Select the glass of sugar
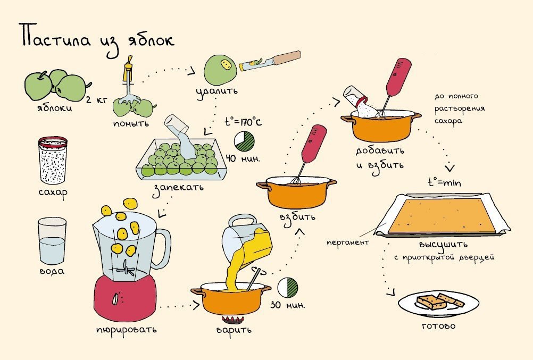click(x=53, y=160)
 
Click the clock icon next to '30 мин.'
click(x=287, y=288)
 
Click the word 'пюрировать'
click(x=126, y=329)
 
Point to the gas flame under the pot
click(x=231, y=320)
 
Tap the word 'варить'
click(x=233, y=330)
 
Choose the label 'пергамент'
click(x=348, y=242)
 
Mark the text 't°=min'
click(x=444, y=182)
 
